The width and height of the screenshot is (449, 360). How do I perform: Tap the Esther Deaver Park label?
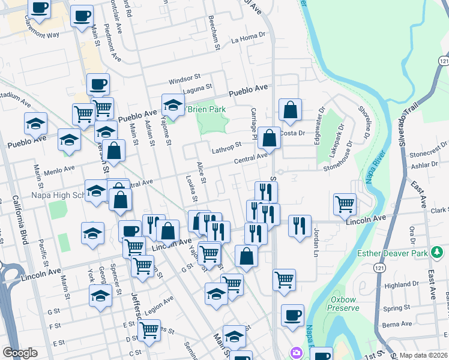pos(392,253)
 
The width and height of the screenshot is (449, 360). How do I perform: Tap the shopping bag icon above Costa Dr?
pos(290,109)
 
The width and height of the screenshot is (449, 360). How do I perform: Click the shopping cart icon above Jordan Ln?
pos(345,203)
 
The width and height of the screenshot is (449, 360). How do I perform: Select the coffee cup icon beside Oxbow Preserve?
pos(292,314)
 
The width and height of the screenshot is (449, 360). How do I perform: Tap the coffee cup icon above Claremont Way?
pos(40,8)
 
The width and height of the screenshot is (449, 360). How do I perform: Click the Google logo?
pos(20,353)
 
